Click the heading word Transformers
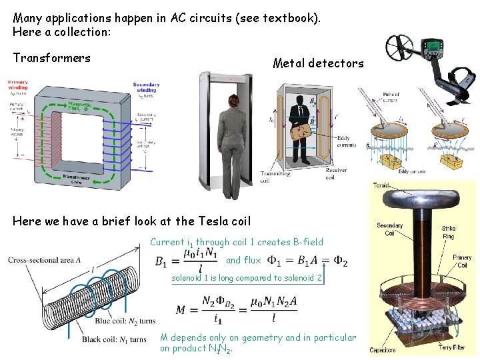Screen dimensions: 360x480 click(x=51, y=58)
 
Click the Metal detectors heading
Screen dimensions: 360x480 click(x=318, y=63)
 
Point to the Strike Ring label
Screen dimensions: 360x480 click(x=449, y=233)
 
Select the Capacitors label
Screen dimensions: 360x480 click(x=383, y=350)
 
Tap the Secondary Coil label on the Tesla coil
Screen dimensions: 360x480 click(x=389, y=229)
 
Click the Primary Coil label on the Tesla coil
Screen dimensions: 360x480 click(x=462, y=261)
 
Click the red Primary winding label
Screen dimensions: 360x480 click(x=18, y=85)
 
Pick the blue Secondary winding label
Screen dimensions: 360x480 click(x=147, y=87)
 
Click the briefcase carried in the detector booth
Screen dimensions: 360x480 click(x=305, y=135)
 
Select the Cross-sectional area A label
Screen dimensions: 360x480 click(x=45, y=259)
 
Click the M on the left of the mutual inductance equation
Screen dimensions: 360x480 click(x=181, y=309)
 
